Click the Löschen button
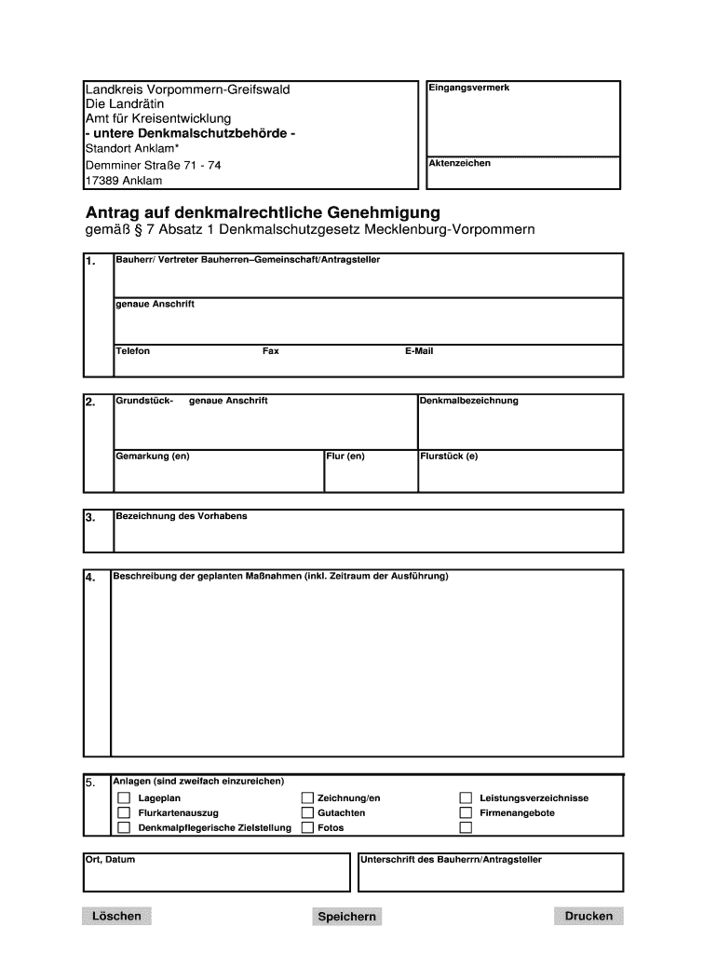tap(116, 916)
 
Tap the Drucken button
tap(588, 916)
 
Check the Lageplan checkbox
tap(124, 798)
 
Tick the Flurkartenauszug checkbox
tap(124, 812)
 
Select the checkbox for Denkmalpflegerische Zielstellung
tap(124, 827)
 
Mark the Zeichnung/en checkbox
tap(307, 798)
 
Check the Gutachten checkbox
tap(307, 812)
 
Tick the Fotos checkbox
tap(307, 827)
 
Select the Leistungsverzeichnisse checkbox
tap(467, 798)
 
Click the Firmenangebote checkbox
tap(467, 812)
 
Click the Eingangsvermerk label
tap(468, 88)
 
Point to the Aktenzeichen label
tap(459, 163)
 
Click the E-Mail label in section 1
tap(419, 351)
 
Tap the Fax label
tap(271, 351)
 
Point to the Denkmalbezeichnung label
tap(468, 401)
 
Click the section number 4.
tap(90, 578)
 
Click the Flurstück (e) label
tap(449, 457)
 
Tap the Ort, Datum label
tap(110, 859)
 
